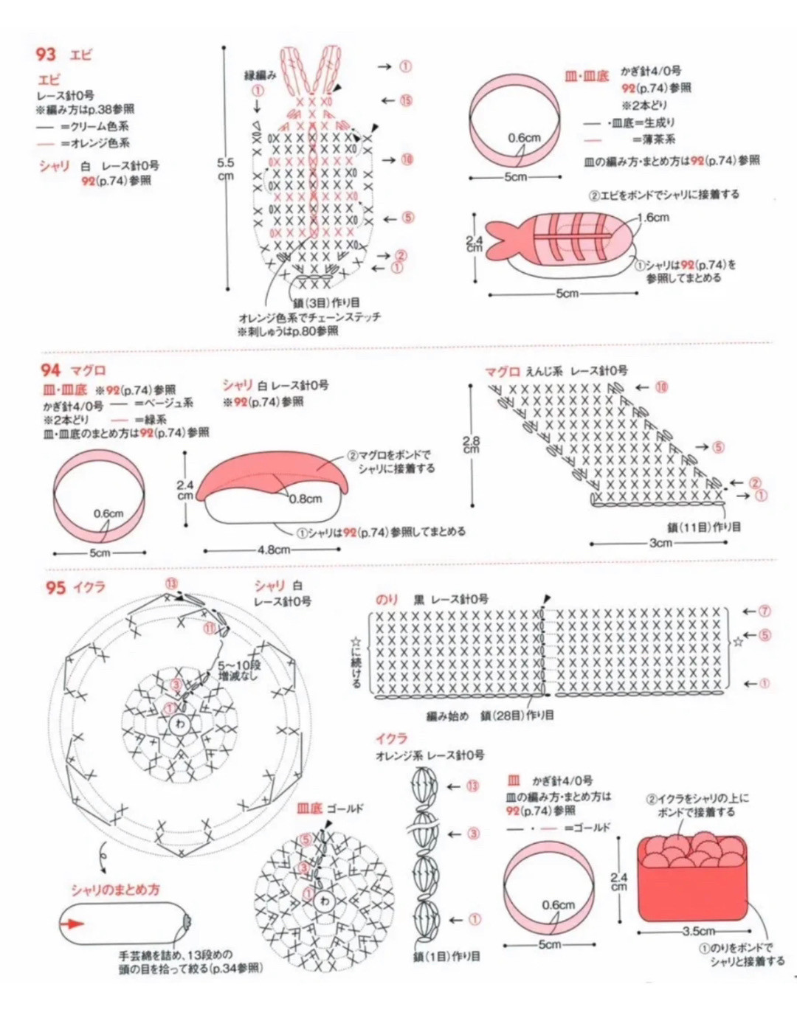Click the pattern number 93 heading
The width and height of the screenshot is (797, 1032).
(45, 55)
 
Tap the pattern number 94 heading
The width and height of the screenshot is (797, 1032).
(49, 370)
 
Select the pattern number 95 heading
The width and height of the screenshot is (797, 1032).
(55, 588)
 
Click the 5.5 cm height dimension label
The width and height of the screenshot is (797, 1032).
(226, 169)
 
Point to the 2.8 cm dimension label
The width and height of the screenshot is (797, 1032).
(471, 444)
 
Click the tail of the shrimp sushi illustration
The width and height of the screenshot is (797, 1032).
(500, 240)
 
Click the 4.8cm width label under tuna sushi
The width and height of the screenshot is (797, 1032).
(274, 550)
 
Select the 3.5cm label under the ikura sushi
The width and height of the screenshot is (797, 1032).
(698, 931)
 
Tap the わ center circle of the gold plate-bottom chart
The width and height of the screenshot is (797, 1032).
(324, 901)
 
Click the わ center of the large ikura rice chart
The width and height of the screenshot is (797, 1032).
(179, 724)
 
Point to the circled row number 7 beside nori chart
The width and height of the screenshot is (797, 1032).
(765, 611)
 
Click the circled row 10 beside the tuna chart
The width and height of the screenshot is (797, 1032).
(661, 387)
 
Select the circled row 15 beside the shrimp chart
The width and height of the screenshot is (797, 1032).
(407, 100)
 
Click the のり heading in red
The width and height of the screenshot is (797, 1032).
(387, 600)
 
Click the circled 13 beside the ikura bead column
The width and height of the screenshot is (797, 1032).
(473, 786)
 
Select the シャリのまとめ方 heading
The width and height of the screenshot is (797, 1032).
(115, 890)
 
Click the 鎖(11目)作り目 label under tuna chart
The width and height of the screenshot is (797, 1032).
(704, 527)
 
